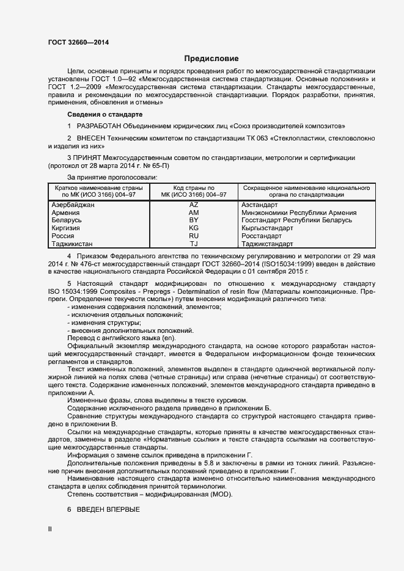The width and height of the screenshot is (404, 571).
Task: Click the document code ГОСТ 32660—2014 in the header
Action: tap(79, 42)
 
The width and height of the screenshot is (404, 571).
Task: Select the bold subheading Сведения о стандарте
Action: tap(105, 114)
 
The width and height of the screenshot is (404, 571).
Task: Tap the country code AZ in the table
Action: tap(194, 205)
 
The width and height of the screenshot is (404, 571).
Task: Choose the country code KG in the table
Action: tap(194, 228)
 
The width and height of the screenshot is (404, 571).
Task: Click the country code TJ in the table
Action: tap(194, 244)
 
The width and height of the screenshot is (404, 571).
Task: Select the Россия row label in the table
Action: tap(64, 236)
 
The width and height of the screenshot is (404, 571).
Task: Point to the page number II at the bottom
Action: tap(50, 529)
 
